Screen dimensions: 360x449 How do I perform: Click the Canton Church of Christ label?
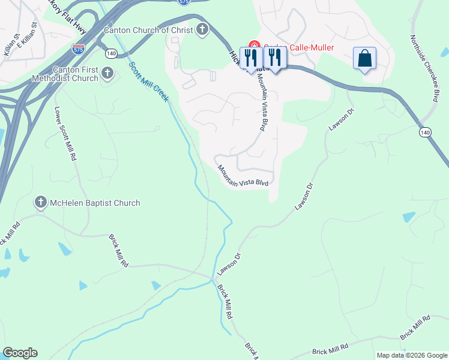pos(148,29)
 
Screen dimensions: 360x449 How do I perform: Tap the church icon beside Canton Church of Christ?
pos(202,29)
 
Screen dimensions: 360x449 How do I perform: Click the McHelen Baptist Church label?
pos(95,203)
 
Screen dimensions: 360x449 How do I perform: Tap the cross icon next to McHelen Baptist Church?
pos(41,203)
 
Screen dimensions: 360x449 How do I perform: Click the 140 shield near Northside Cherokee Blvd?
pos(425,131)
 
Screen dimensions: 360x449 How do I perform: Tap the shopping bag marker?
pos(364,58)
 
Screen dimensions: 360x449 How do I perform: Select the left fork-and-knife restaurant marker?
pos(252,58)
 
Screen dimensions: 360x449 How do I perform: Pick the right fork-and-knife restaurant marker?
pos(275,58)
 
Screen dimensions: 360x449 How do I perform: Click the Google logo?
pos(20,353)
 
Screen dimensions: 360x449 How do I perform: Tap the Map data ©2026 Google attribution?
pos(412,355)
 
